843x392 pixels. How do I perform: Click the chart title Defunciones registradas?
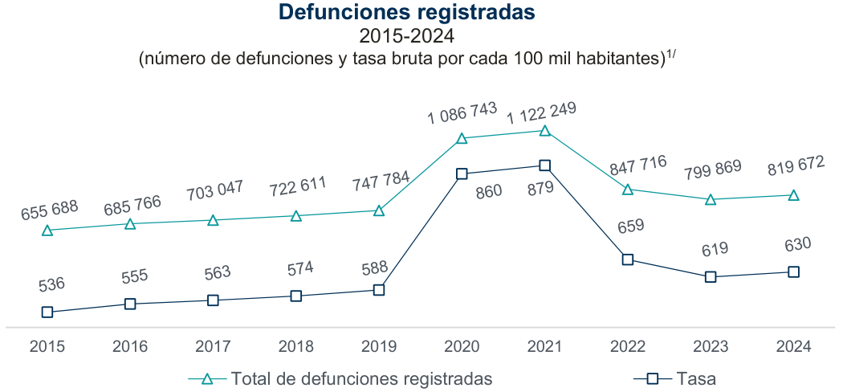(406, 13)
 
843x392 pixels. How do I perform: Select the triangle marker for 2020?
(462, 138)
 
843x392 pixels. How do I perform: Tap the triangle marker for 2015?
(47, 231)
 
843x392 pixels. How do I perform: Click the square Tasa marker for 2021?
(545, 165)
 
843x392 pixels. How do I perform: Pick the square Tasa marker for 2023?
(711, 277)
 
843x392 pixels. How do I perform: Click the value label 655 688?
(49, 210)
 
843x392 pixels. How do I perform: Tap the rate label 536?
(51, 284)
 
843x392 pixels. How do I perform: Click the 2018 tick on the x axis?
(295, 347)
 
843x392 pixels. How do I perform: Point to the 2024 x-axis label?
(794, 347)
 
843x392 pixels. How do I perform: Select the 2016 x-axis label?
(130, 347)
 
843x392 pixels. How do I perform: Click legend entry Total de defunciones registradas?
(360, 378)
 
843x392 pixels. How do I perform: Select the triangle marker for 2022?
(628, 190)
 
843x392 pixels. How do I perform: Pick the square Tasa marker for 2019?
(379, 290)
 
